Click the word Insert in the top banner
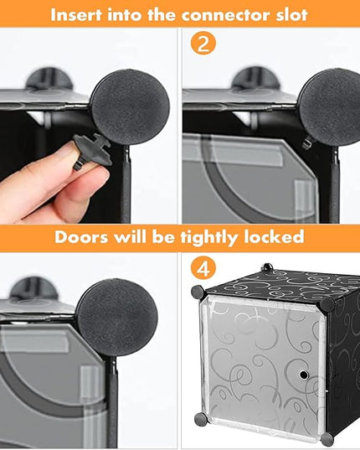tap(76, 14)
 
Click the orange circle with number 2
tap(203, 44)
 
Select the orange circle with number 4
tap(203, 269)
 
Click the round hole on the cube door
tap(303, 375)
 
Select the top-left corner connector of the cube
tap(198, 292)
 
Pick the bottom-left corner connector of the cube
tap(201, 419)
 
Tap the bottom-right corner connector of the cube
tap(327, 439)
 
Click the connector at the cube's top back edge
tap(267, 267)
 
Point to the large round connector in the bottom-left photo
tap(117, 318)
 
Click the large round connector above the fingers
tap(131, 106)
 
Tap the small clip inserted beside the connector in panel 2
tap(308, 142)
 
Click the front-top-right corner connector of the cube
tap(327, 304)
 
